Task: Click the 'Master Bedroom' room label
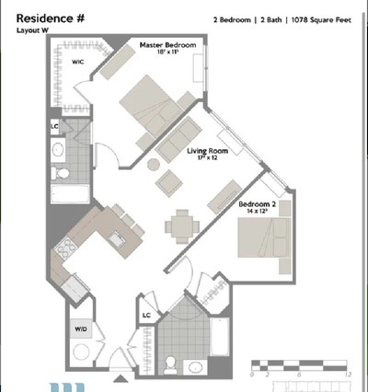click(166, 45)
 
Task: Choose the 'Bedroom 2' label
click(256, 205)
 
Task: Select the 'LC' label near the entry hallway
click(146, 315)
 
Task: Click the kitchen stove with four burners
click(67, 248)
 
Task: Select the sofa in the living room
click(177, 137)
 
